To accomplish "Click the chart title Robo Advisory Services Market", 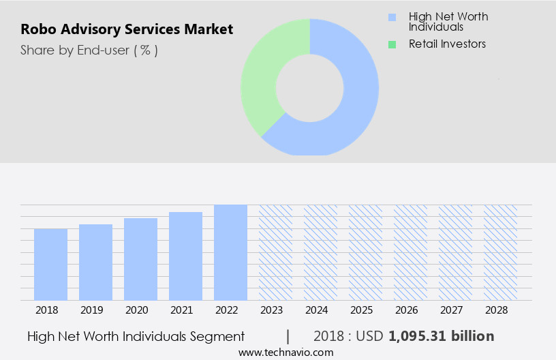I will pos(127,29).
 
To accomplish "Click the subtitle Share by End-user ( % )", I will pos(89,50).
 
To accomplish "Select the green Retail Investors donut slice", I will pos(266,75).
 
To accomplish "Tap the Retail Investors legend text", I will pos(447,44).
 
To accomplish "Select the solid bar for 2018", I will pos(51,264).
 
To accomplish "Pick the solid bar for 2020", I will pos(141,259).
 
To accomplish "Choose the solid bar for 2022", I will pos(230,252).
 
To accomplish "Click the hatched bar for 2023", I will pos(275,252).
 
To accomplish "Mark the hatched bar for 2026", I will pos(410,252).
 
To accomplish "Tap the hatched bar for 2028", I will pos(500,252).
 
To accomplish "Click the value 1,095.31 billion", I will pos(441,336).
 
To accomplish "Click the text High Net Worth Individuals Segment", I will pos(136,336).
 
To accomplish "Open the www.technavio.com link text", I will pos(285,352).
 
